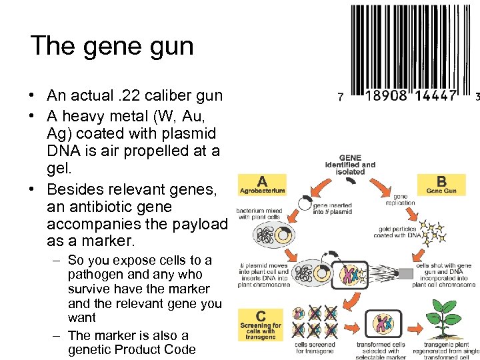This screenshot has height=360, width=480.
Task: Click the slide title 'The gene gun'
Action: pos(112,45)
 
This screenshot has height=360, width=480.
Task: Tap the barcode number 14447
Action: pos(433,96)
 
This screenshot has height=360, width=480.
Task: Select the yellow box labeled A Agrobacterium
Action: pos(262,185)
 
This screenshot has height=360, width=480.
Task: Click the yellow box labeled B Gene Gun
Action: pos(441,185)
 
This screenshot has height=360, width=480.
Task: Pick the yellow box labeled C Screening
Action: pos(260,325)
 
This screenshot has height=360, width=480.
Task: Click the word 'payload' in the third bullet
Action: pos(199,223)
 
